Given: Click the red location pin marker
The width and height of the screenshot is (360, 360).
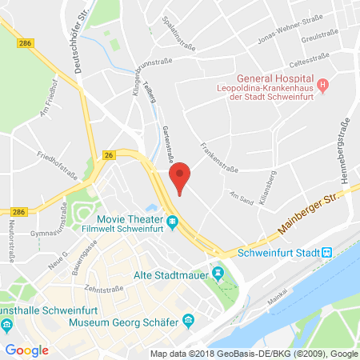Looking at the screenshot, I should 182,176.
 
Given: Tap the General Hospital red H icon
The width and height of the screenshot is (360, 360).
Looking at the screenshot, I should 322,84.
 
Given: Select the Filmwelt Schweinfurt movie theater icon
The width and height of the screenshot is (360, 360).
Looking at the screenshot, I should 172,221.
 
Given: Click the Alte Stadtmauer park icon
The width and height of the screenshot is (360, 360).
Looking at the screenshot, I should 221,275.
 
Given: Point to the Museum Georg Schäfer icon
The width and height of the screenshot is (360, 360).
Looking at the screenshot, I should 188,321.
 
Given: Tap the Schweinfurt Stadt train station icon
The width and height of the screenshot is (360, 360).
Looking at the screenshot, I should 326,253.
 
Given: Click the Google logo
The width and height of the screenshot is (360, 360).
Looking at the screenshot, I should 26,350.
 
